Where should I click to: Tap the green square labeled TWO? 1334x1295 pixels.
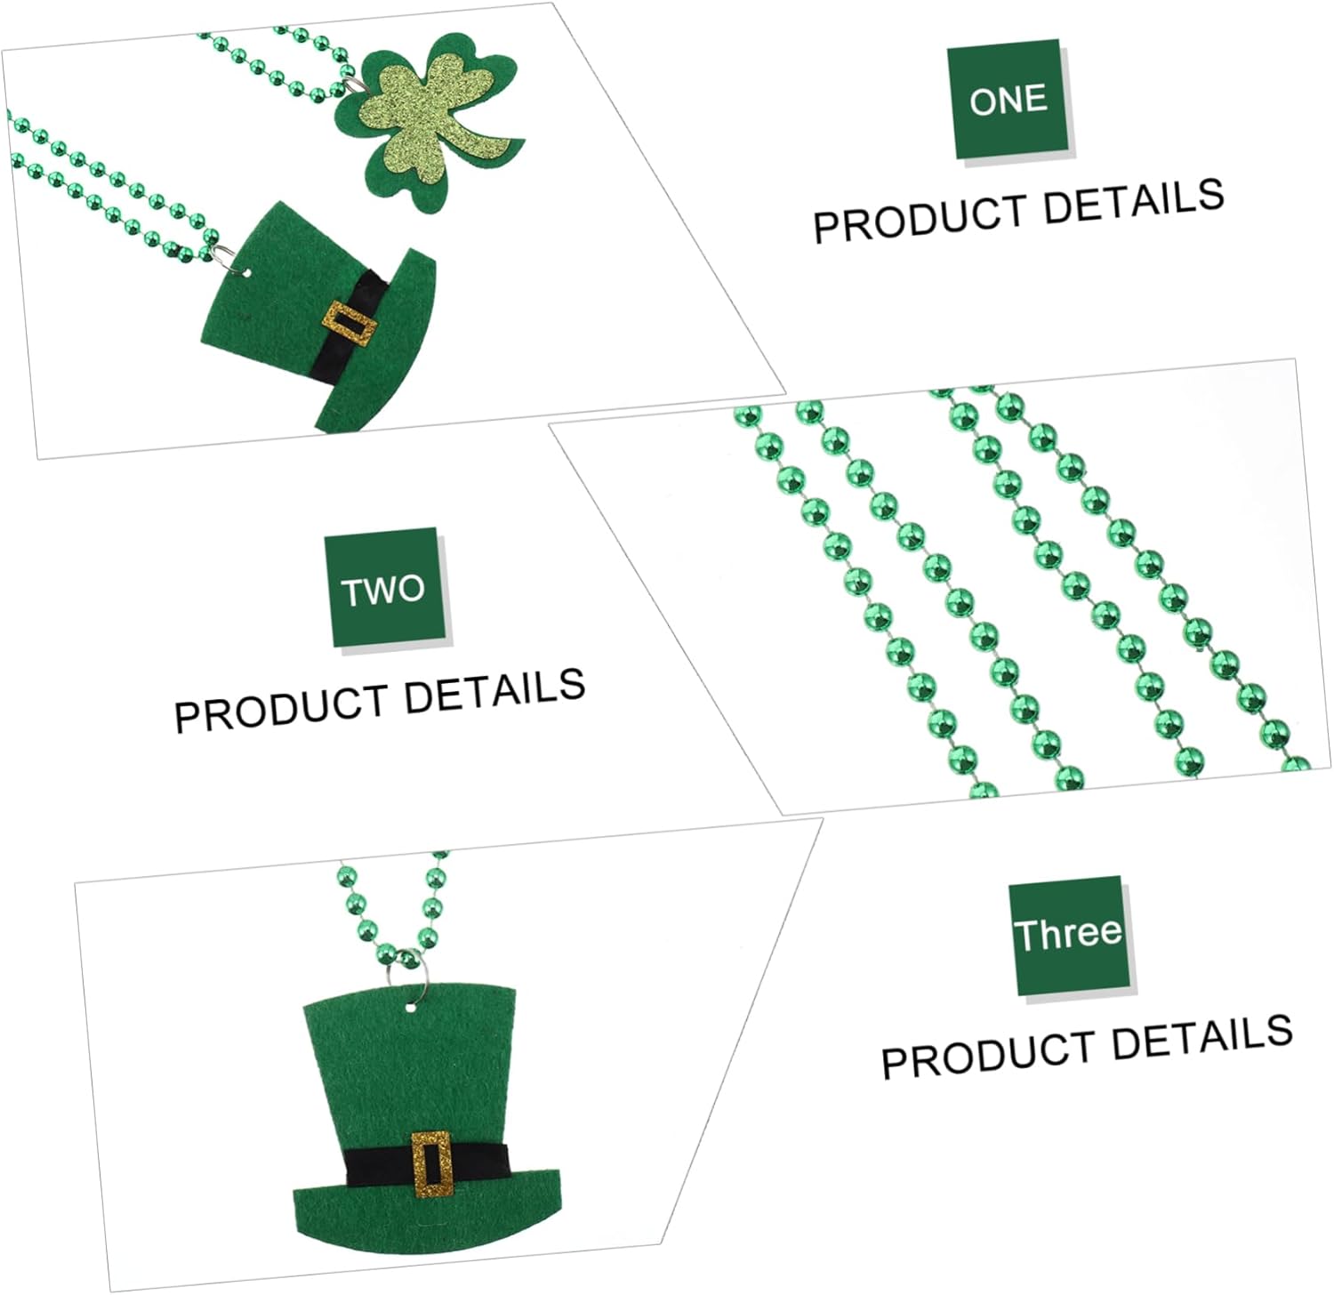[385, 589]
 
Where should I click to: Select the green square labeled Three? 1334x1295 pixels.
[1070, 936]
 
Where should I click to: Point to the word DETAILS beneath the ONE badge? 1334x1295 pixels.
[1134, 200]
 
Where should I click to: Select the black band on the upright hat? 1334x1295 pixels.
[427, 1162]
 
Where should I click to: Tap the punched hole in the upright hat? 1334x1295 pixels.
[410, 1009]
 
